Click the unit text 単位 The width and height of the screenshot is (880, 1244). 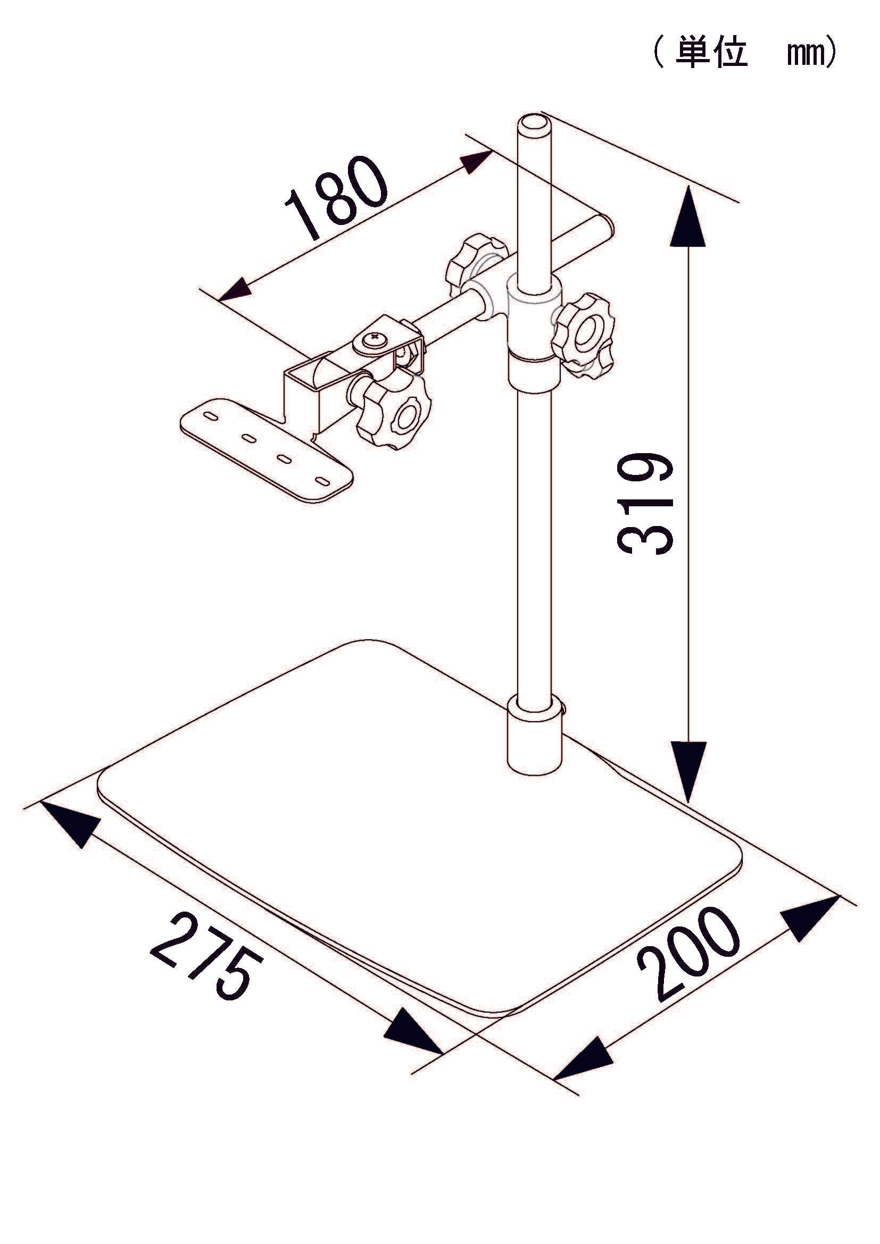(x=711, y=53)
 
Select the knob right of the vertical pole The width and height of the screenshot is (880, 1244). (x=583, y=336)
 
